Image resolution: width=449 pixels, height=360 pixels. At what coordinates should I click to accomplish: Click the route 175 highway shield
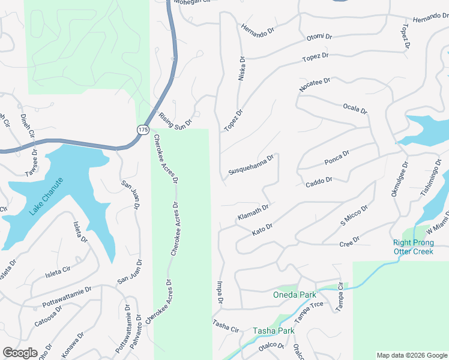coord(142,130)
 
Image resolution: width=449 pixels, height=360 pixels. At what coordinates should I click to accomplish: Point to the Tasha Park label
coord(273,331)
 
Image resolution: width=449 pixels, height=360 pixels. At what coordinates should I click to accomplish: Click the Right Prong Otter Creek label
coord(413,247)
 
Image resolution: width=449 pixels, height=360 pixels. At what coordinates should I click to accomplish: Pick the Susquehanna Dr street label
coord(251,165)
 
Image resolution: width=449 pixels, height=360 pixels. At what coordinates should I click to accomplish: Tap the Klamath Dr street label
coord(253,212)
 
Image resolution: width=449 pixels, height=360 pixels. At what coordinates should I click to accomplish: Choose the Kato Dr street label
coord(262,228)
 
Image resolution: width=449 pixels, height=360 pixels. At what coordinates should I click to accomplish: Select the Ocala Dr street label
coord(354,108)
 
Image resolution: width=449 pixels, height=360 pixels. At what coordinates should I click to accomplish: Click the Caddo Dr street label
coord(319,181)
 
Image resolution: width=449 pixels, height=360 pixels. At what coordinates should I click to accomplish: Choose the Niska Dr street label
coord(242,69)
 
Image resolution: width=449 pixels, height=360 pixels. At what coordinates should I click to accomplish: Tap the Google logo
coord(20,353)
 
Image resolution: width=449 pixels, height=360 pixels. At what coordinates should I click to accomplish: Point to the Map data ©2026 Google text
coord(411,355)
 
